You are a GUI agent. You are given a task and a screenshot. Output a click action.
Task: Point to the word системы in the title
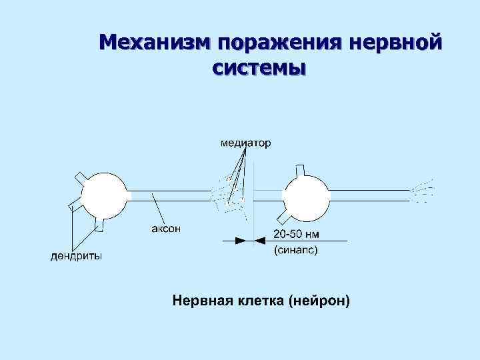click(259, 67)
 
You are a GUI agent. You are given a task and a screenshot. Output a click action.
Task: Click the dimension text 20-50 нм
click(297, 235)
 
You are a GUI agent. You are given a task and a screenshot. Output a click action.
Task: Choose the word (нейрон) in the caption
click(319, 301)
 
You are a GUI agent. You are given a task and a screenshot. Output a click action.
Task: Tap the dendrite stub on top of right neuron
click(301, 169)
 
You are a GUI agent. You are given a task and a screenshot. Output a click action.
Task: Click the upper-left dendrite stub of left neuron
click(79, 177)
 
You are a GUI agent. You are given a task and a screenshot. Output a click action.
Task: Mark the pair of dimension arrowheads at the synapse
click(246, 238)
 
